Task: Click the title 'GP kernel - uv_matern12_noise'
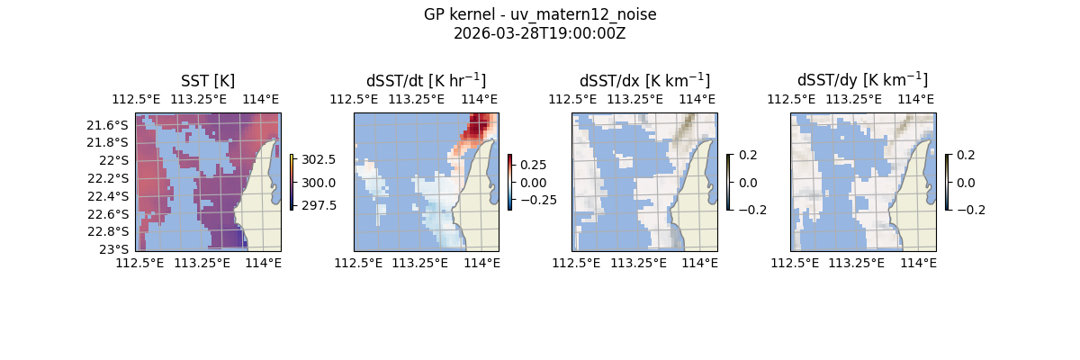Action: coord(540,14)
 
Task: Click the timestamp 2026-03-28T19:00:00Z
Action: coord(540,33)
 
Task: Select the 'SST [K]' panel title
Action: coord(208,80)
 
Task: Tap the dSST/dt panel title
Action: coord(426,80)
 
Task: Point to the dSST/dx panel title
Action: coord(644,80)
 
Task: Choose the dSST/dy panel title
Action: coord(862,80)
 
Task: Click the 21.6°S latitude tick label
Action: coord(112,124)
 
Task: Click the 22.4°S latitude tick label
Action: coord(112,196)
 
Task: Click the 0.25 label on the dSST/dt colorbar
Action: coord(533,165)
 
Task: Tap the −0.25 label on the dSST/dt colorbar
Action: coord(536,199)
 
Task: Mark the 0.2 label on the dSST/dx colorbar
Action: coord(747,154)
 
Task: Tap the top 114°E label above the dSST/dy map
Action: coord(916,99)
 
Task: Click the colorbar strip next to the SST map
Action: coord(292,182)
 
